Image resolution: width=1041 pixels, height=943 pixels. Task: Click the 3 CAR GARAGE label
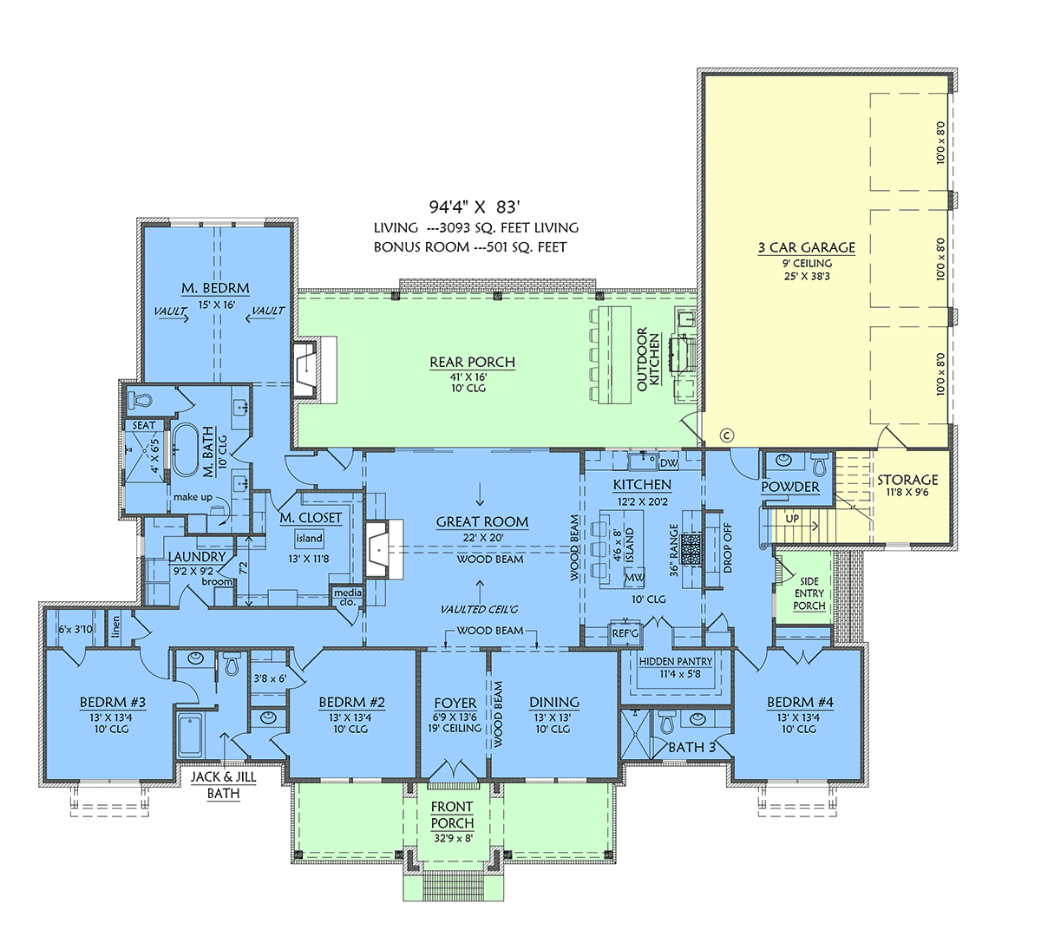807,247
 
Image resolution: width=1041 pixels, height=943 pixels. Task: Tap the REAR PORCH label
472,362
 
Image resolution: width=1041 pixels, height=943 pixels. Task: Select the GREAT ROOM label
482,521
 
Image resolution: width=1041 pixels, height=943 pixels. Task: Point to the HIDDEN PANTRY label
676,661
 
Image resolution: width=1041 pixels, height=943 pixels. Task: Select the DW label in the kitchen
669,463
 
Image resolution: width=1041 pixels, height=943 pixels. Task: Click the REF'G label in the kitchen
625,633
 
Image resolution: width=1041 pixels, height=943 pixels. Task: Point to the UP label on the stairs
792,519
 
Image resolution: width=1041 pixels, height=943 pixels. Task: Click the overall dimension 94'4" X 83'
474,206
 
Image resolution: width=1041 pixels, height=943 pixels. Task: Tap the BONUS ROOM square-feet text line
470,247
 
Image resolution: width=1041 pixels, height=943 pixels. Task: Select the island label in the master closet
310,538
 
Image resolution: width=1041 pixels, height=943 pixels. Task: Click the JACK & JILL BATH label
223,785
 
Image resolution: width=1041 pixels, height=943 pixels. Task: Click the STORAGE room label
907,480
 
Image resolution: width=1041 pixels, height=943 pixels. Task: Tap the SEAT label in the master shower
144,426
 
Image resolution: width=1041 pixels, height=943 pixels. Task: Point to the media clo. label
348,598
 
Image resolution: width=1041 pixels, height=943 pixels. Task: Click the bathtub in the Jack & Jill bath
189,735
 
